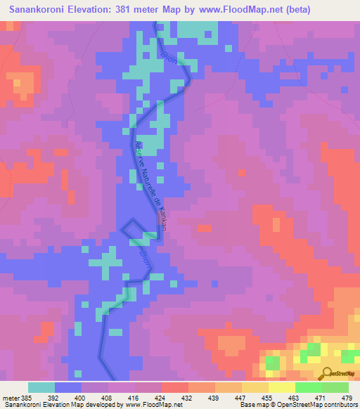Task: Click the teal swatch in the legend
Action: point(41,387)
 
